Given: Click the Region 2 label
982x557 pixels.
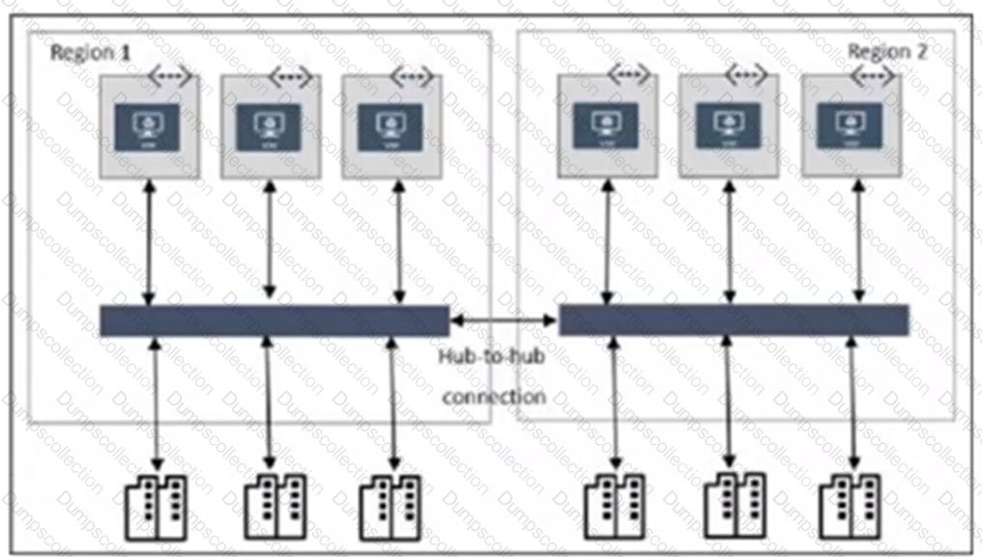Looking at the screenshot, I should click(886, 51).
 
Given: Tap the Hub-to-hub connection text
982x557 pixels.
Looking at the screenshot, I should click(492, 376).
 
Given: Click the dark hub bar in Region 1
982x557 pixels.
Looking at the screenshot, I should click(274, 320).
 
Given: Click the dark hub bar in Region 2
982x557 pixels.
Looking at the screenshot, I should click(734, 320).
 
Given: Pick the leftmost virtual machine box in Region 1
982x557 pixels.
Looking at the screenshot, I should click(149, 127).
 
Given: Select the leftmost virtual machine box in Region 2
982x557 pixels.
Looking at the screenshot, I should click(607, 125).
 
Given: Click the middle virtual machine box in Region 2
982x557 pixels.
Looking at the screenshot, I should click(728, 125).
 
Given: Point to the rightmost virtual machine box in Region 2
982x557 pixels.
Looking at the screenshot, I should click(849, 125).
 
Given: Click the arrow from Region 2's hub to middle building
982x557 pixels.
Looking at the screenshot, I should click(729, 401).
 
